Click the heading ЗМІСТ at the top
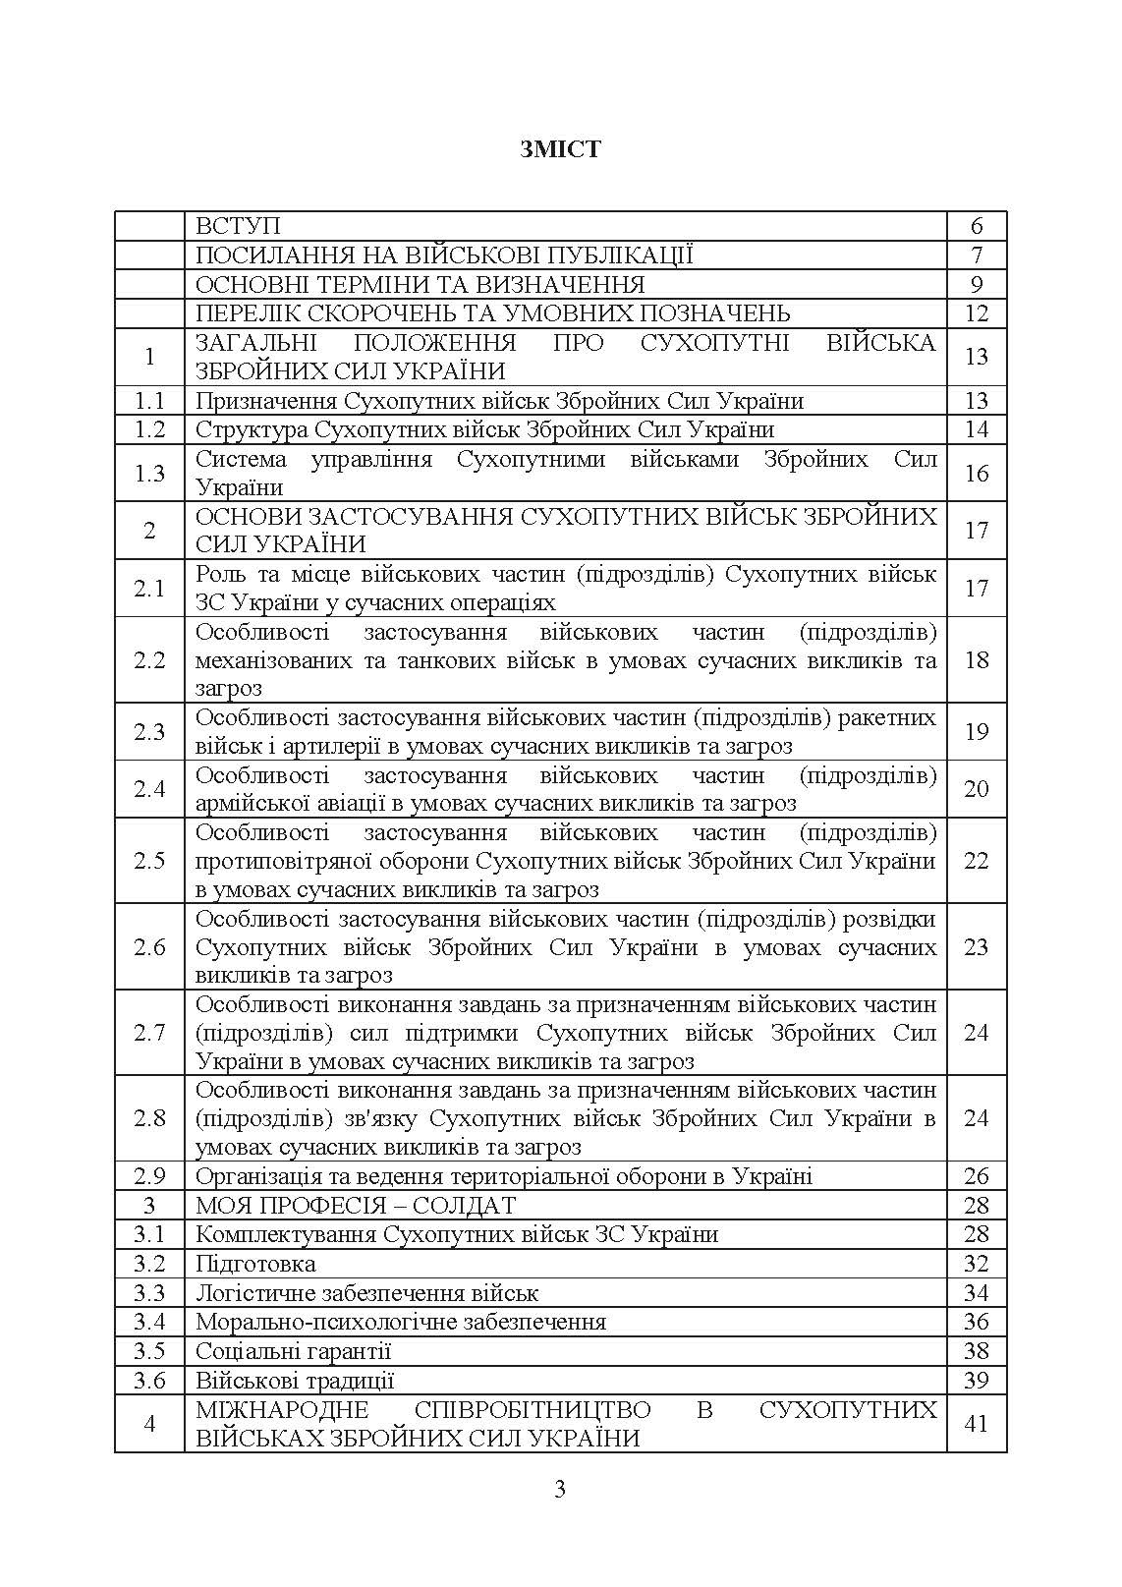(560, 149)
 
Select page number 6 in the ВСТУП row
(976, 227)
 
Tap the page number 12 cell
(976, 314)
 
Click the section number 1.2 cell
(149, 430)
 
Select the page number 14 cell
(976, 430)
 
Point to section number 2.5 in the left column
(149, 862)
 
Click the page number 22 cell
(976, 862)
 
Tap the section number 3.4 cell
(149, 1322)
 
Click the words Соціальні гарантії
(293, 1351)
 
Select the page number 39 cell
(976, 1381)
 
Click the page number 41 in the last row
(976, 1424)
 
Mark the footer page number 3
(560, 1490)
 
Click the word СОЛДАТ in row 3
(469, 1206)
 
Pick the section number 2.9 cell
(149, 1176)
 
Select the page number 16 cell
(976, 474)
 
